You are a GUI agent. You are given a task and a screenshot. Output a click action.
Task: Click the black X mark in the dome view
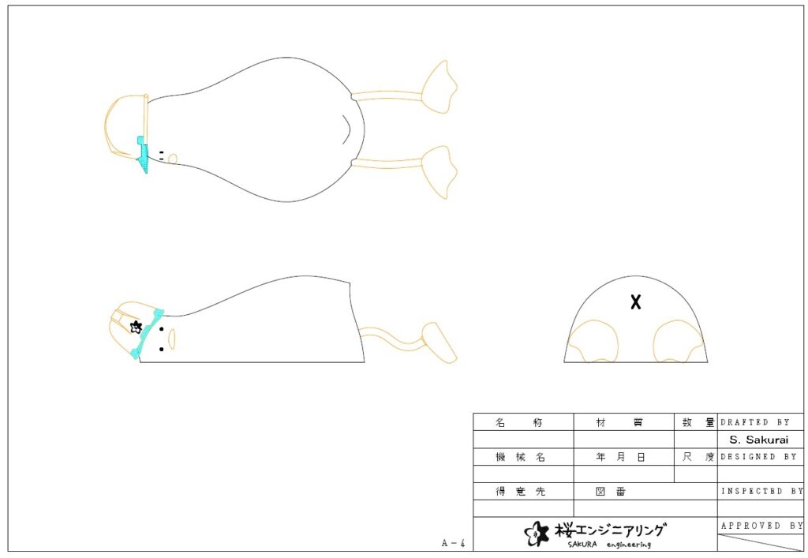pyautogui.click(x=636, y=302)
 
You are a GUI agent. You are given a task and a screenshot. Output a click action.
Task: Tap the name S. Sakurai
pyautogui.click(x=758, y=440)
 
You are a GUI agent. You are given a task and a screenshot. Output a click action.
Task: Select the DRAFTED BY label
pyautogui.click(x=755, y=422)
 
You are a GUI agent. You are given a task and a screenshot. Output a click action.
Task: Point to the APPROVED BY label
pyautogui.click(x=762, y=526)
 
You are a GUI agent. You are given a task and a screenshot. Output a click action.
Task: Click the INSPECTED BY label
pyautogui.click(x=762, y=491)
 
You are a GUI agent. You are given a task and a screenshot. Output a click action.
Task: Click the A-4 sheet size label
pyautogui.click(x=454, y=542)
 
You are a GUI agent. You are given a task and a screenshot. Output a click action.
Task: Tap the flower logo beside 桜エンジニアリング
pyautogui.click(x=537, y=534)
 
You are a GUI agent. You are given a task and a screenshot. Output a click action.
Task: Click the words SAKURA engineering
pyautogui.click(x=610, y=544)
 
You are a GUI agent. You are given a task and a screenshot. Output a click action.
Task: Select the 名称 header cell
pyautogui.click(x=519, y=422)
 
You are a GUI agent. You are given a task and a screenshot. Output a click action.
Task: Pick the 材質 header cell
pyautogui.click(x=619, y=422)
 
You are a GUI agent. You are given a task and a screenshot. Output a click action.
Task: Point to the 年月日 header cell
pyautogui.click(x=620, y=457)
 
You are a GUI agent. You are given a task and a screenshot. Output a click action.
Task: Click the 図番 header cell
pyautogui.click(x=611, y=492)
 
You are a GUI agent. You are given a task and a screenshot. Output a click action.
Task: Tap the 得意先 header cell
pyautogui.click(x=520, y=492)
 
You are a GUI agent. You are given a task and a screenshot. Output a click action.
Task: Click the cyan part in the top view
pyautogui.click(x=144, y=154)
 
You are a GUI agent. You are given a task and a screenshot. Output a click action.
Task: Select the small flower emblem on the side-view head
pyautogui.click(x=136, y=327)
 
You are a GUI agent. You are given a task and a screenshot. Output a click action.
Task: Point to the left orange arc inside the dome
pyautogui.click(x=593, y=341)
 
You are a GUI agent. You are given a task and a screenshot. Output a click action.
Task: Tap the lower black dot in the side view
pyautogui.click(x=161, y=350)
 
